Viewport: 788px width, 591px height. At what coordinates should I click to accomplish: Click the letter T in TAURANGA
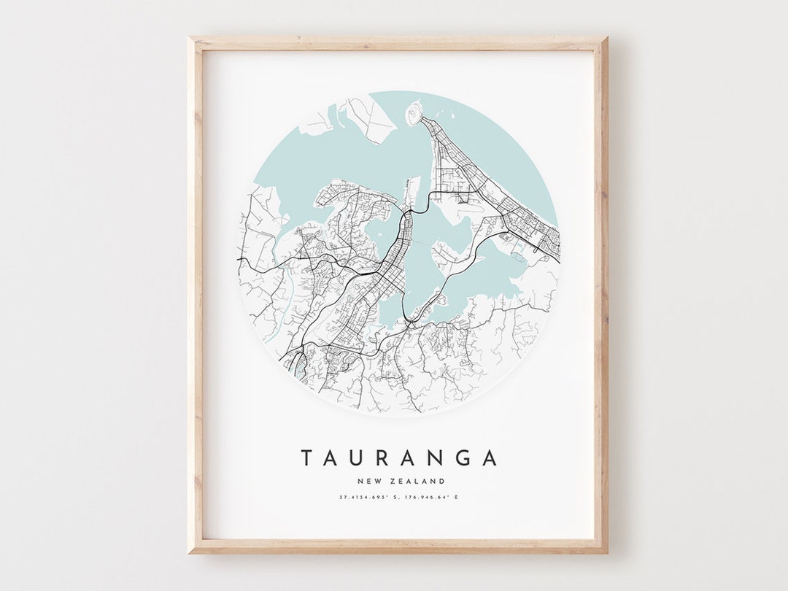307,458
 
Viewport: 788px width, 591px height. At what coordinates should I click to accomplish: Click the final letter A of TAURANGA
490,458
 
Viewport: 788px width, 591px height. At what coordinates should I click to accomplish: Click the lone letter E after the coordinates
457,498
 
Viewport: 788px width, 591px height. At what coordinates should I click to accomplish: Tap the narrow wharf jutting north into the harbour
414,190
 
